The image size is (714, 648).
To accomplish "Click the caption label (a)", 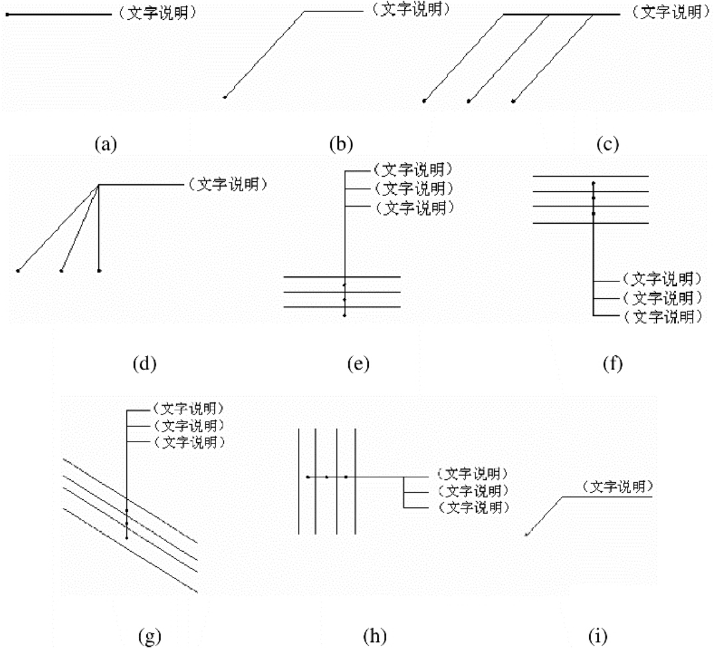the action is pos(106,145).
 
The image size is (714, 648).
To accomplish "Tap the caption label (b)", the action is pos(341,144).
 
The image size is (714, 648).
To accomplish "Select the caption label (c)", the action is pos(608,144).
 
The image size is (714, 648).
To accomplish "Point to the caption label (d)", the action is pos(144,364).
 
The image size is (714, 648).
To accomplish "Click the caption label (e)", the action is pos(358,364).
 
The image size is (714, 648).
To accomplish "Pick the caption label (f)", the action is pos(612,364).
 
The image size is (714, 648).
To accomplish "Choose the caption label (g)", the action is pos(150,636).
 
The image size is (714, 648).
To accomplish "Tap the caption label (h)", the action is pos(375,636).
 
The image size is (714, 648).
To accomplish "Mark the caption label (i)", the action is pos(598,636).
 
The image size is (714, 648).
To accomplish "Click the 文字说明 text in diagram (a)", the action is pos(158,13).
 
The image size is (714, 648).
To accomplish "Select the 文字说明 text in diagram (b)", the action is pos(411,9).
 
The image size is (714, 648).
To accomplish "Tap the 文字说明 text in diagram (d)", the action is pos(227,184).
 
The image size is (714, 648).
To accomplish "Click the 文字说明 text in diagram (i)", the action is pos(618,487).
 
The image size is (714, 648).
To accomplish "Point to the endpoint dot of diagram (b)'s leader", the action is pos(225,97).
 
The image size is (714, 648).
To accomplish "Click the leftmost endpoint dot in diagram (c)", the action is pos(424,101).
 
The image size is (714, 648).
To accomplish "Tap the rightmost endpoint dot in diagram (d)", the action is pos(99,271).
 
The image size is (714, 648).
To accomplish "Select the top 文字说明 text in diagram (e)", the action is pos(413,169).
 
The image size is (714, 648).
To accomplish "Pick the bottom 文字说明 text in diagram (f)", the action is pos(663,317).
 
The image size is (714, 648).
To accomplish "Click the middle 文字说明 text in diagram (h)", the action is pos(473,491).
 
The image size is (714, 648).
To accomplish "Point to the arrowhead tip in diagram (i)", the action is pos(525,535).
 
